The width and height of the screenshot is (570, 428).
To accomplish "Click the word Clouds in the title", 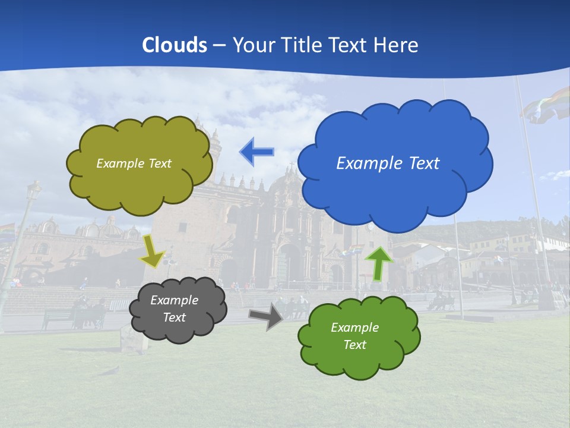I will pyautogui.click(x=175, y=45).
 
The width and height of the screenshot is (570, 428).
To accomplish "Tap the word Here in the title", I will pyautogui.click(x=397, y=45).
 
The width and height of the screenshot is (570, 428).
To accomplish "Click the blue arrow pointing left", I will pyautogui.click(x=256, y=152).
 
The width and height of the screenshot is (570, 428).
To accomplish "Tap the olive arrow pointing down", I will pyautogui.click(x=153, y=252).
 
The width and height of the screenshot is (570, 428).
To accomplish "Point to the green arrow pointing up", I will pyautogui.click(x=379, y=263).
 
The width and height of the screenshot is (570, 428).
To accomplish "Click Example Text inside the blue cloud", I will pyautogui.click(x=388, y=163).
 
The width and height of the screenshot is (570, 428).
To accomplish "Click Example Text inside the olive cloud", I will pyautogui.click(x=134, y=163).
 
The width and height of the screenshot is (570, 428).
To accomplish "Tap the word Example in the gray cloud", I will pyautogui.click(x=174, y=300).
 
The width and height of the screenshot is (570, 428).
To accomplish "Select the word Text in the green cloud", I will pyautogui.click(x=354, y=345).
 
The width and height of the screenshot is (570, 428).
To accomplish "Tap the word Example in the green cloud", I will pyautogui.click(x=354, y=328).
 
